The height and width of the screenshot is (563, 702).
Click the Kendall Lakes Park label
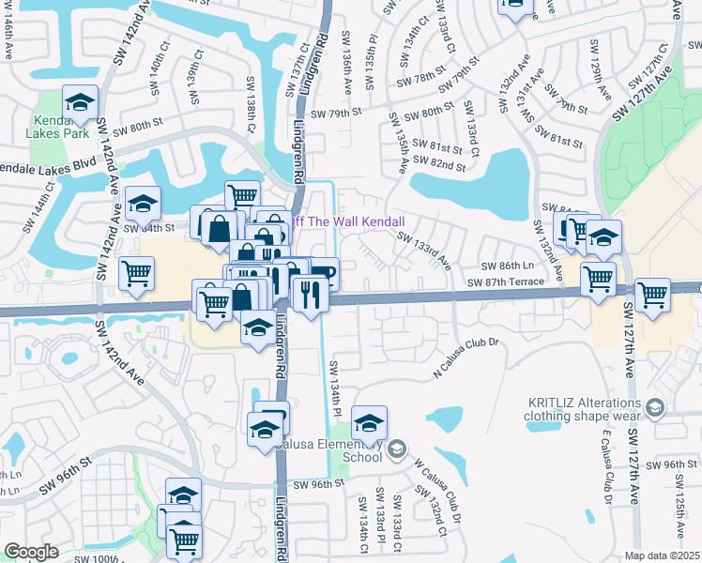pyautogui.click(x=62, y=127)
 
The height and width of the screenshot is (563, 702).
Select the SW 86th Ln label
pyautogui.click(x=507, y=267)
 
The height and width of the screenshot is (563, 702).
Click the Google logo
pyautogui.click(x=31, y=552)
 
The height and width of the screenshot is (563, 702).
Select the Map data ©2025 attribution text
pyautogui.click(x=662, y=555)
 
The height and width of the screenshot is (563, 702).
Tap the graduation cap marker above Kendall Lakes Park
pyautogui.click(x=81, y=100)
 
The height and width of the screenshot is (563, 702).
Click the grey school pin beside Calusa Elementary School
pyautogui.click(x=397, y=449)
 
